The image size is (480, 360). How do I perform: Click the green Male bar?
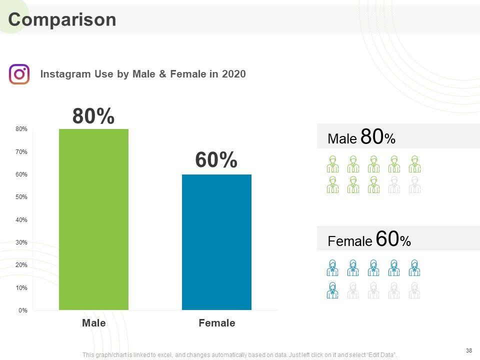[x=93, y=219]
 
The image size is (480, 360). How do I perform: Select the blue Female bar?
[x=216, y=242]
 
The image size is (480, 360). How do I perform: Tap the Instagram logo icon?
[x=19, y=74]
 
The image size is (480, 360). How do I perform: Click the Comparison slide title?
[x=62, y=19]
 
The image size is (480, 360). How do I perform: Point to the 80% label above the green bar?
[x=93, y=116]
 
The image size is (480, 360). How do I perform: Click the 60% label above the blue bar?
[x=216, y=160]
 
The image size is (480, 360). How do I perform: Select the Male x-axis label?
[x=94, y=323]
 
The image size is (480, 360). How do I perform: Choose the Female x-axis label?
[x=216, y=323]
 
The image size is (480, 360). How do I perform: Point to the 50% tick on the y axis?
[x=21, y=197]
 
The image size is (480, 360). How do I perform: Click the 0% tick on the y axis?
[x=23, y=310]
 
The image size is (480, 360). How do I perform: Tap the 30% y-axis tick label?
[x=21, y=242]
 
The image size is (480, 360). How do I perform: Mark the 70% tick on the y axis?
[x=21, y=151]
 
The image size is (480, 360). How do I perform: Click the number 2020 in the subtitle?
[x=233, y=74]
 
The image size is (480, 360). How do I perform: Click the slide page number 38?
[x=468, y=350]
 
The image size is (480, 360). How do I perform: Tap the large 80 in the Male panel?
[x=372, y=137]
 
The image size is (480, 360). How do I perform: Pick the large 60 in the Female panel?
[x=387, y=239]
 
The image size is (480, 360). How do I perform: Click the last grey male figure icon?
[x=414, y=184]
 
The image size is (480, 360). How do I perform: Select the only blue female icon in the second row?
[x=332, y=290]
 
